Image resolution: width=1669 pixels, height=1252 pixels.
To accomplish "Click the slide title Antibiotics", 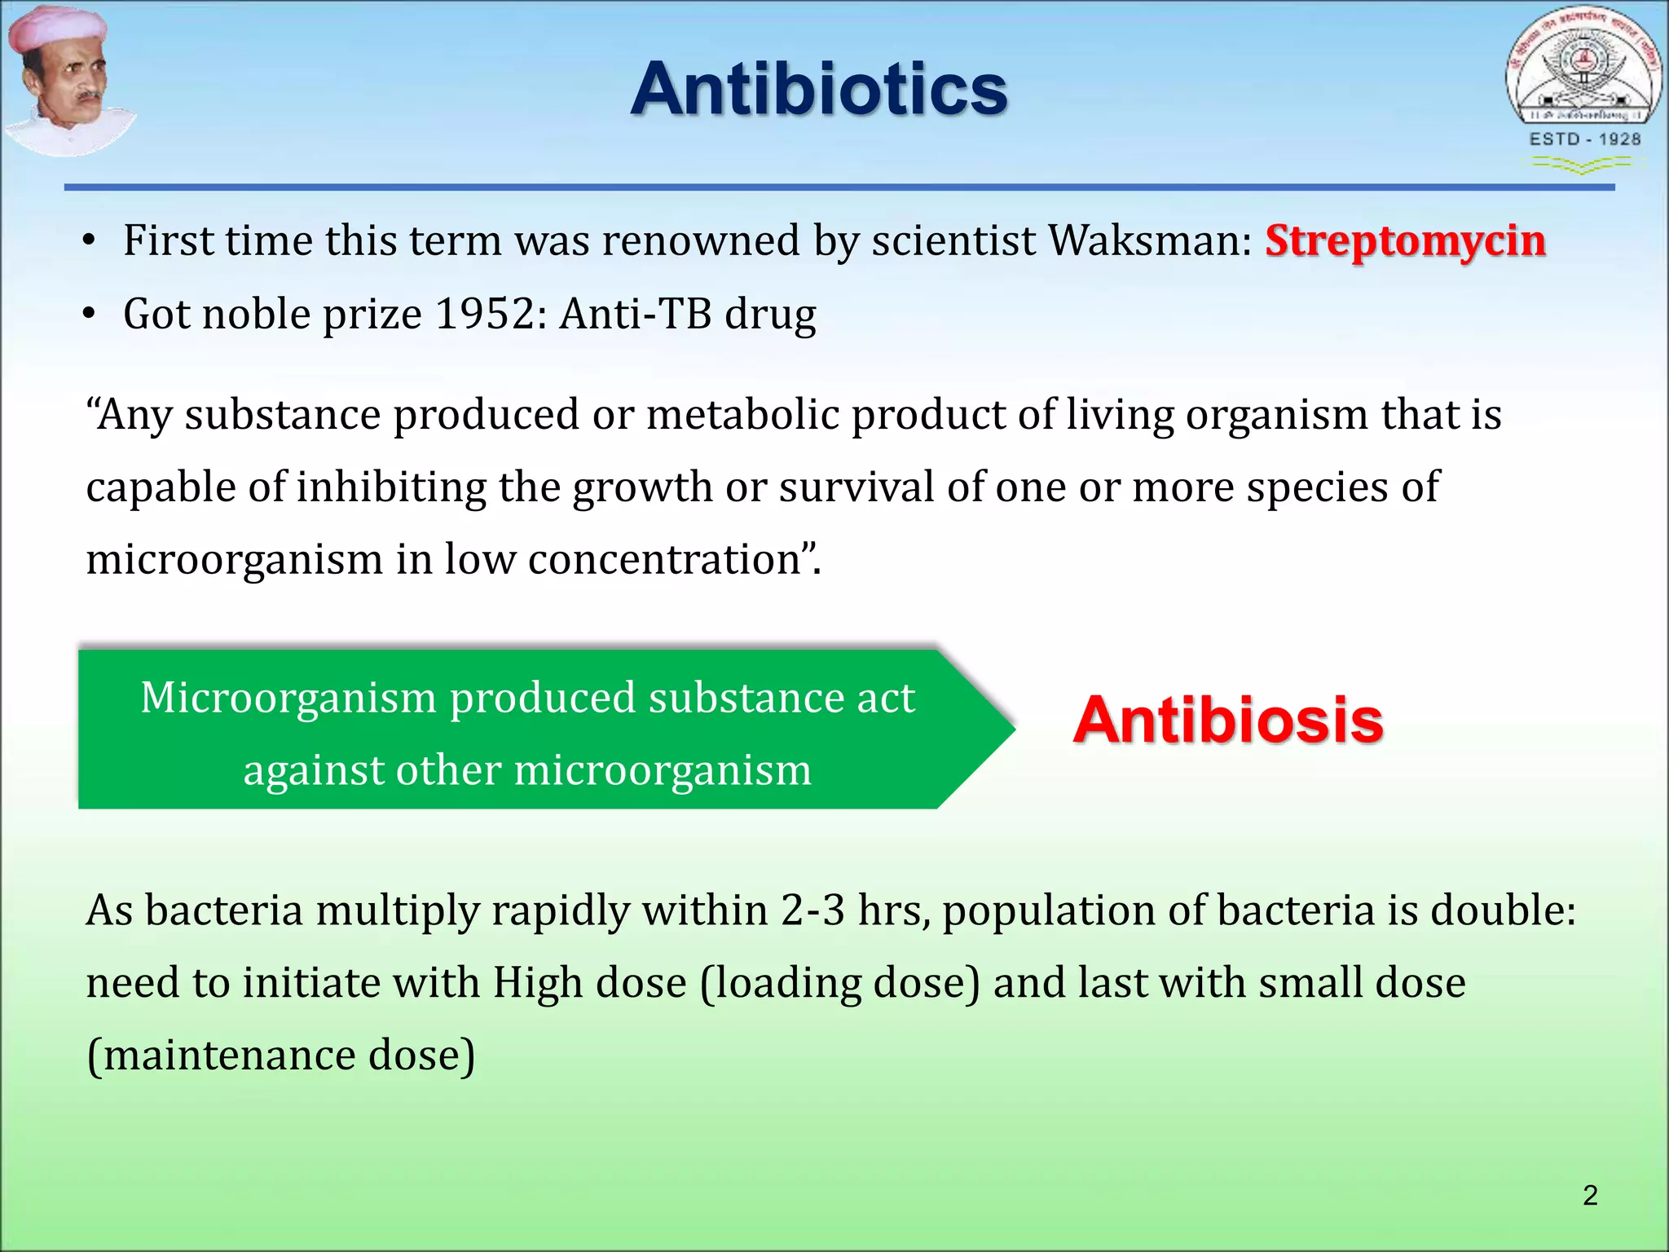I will (819, 89).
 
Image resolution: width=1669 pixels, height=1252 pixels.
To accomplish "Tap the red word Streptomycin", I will (1405, 241).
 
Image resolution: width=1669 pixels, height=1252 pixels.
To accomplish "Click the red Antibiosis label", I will (1228, 721).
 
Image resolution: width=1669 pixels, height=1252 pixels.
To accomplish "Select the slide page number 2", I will (1589, 1195).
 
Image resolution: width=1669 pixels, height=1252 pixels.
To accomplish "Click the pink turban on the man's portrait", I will (57, 37).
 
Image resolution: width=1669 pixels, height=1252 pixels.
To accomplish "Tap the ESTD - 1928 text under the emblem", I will (1584, 139).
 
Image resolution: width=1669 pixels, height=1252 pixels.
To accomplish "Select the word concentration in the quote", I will (664, 560).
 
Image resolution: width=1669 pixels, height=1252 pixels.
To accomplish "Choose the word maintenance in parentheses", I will (230, 1056).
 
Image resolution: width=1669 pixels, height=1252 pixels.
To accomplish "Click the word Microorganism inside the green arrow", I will (288, 698).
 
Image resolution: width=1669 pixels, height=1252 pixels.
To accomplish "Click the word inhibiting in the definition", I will (391, 487).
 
